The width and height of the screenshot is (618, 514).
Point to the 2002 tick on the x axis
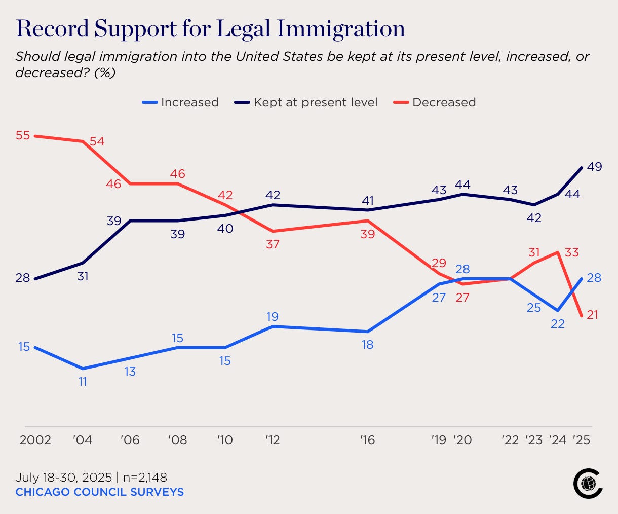pos(35,439)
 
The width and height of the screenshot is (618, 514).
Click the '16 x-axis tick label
pos(367,439)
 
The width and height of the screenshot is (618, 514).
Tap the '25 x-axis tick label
pos(582,439)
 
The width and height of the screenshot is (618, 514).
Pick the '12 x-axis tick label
pos(273,439)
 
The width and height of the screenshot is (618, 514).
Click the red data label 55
pos(23,135)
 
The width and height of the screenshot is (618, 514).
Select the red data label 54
pos(97,141)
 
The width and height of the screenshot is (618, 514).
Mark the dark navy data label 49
pos(594,166)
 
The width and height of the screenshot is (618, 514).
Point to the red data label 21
pos(592,315)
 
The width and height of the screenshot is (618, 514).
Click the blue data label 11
pos(83,382)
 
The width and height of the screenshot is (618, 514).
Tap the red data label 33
pos(571,252)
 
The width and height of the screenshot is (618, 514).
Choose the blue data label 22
pos(558,323)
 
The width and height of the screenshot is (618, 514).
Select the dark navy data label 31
pos(83,276)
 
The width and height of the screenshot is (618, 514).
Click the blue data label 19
pos(273,317)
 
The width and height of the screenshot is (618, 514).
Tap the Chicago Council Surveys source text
pos(99,492)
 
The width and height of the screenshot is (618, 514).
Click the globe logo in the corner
pos(588,484)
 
